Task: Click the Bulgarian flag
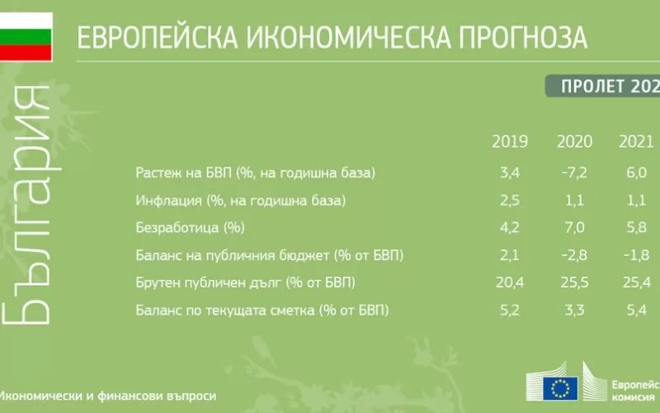(x=26, y=36)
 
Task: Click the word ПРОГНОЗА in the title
(x=523, y=37)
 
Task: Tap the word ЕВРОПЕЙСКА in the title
(x=158, y=37)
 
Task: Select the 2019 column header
(x=510, y=141)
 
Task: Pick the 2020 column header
(x=574, y=141)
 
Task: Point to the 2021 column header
(x=636, y=141)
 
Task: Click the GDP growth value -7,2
(x=574, y=173)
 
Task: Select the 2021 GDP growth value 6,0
(x=636, y=173)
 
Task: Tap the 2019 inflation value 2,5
(x=510, y=200)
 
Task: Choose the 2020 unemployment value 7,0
(x=574, y=228)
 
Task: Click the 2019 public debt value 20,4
(x=510, y=282)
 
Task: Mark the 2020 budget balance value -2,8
(x=574, y=255)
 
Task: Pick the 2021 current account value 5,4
(x=636, y=311)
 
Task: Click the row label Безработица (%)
(x=190, y=228)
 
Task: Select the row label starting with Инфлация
(x=240, y=201)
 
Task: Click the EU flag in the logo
(x=560, y=388)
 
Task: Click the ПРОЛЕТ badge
(x=603, y=87)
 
